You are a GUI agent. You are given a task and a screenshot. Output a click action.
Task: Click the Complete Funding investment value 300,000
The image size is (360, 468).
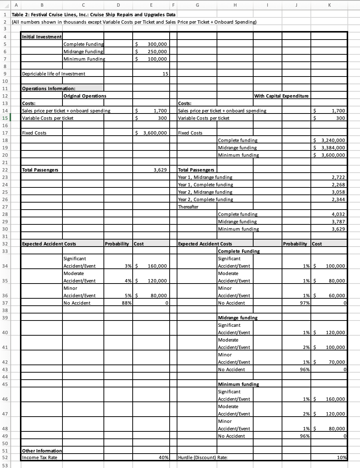click(157, 44)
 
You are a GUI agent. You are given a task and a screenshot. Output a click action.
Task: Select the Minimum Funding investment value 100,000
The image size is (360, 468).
click(157, 59)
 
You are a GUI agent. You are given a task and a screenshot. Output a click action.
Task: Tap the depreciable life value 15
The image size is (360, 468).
click(165, 74)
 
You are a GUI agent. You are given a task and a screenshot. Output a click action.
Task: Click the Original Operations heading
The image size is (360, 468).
click(85, 96)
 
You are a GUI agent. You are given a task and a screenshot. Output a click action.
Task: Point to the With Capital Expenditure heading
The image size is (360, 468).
click(281, 96)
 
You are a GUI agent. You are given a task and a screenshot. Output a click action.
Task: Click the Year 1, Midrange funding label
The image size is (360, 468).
click(205, 177)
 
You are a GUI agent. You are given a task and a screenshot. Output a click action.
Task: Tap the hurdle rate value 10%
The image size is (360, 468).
click(342, 458)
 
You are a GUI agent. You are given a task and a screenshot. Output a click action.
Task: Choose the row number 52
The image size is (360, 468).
click(5, 458)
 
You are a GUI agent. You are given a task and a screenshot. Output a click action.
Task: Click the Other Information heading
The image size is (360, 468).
click(42, 451)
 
